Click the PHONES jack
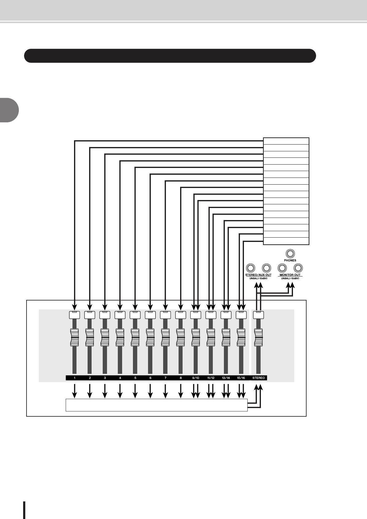290,253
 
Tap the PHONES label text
290,260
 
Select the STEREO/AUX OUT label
258,275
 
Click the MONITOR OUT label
290,275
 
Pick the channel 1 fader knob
74,337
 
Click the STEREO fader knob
258,337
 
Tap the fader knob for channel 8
180,337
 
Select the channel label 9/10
196,378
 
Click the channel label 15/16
241,378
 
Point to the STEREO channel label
258,378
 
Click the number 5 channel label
135,378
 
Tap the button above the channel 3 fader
105,315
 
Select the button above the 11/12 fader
211,315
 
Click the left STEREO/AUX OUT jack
250,268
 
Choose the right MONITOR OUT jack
298,268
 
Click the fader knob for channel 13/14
226,337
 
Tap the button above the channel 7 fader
165,315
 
